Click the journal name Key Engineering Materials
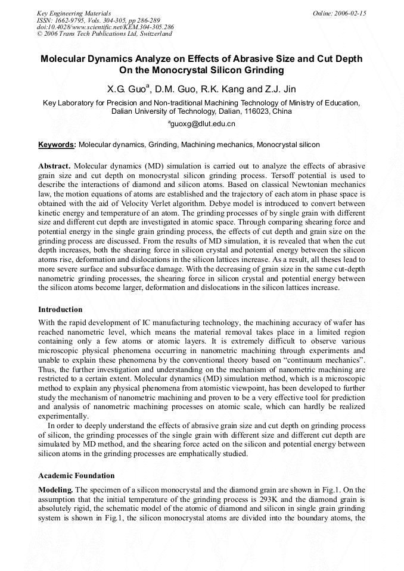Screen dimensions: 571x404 pos(74,13)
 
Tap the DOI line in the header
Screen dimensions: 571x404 pos(105,27)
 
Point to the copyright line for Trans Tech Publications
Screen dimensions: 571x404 pos(104,34)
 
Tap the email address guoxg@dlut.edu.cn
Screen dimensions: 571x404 pos(202,124)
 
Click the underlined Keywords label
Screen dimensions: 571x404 pos(57,145)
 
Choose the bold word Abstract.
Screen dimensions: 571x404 pos(55,165)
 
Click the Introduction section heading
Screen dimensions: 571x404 pos(60,310)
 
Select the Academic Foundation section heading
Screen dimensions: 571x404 pos(76,476)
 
